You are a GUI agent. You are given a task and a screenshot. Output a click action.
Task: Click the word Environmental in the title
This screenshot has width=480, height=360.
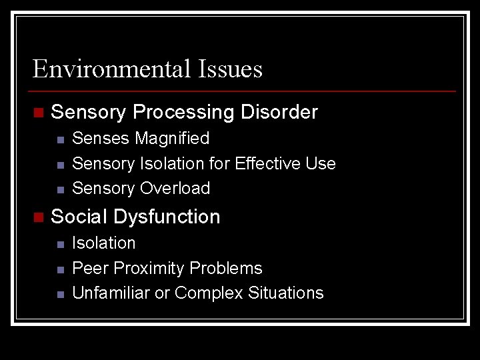[x=111, y=69]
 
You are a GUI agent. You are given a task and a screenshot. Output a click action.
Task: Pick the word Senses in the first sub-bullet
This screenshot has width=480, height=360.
[x=101, y=139]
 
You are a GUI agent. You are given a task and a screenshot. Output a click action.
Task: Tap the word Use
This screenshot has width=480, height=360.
[x=323, y=163]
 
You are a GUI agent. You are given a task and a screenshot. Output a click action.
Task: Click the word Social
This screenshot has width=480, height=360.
[x=79, y=217]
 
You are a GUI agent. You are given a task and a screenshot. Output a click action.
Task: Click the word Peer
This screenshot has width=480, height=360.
[x=91, y=268]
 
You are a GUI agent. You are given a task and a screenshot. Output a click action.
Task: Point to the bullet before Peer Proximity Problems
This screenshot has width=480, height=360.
[x=60, y=269]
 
